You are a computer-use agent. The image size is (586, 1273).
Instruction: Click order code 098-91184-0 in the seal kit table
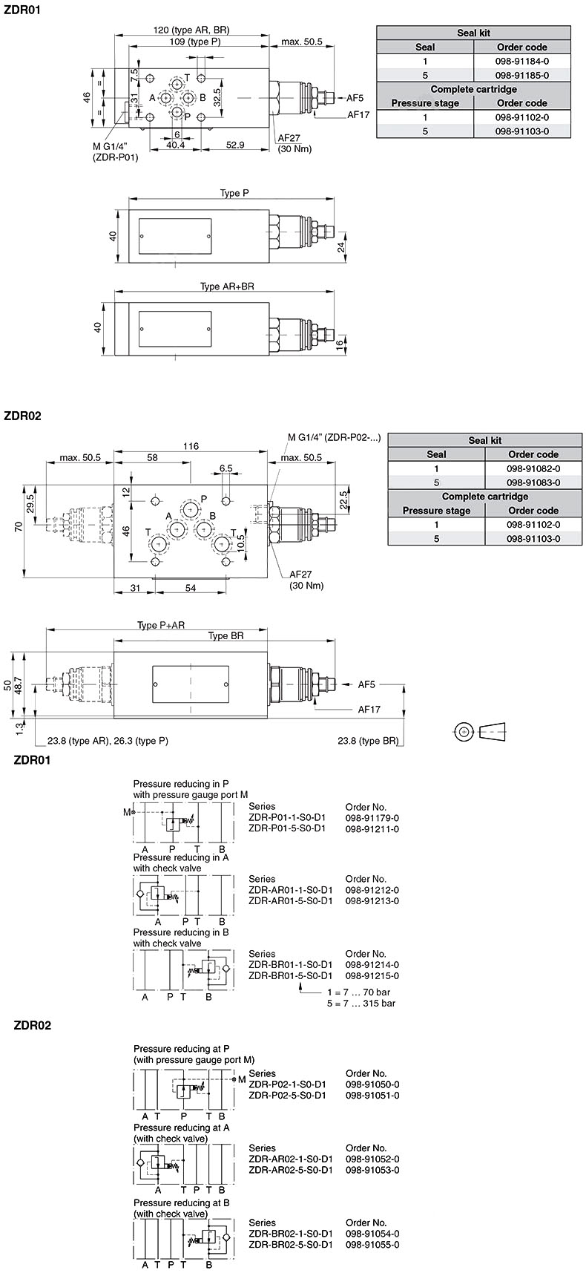pyautogui.click(x=522, y=61)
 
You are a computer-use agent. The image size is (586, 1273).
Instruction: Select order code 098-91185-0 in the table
pyautogui.click(x=522, y=75)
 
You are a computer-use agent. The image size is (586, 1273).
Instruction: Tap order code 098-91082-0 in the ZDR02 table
pyautogui.click(x=533, y=468)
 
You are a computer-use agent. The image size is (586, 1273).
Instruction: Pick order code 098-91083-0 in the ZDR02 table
pyautogui.click(x=533, y=482)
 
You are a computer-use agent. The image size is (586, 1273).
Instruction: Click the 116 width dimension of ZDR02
pyautogui.click(x=191, y=446)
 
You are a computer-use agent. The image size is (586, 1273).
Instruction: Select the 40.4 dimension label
pyautogui.click(x=175, y=145)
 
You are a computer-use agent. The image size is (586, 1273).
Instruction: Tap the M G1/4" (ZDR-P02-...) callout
pyautogui.click(x=334, y=437)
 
